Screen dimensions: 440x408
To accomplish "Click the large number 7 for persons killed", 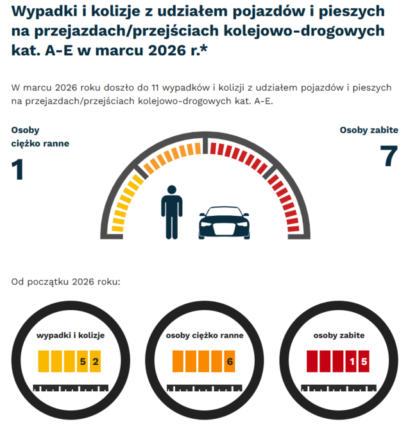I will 389,157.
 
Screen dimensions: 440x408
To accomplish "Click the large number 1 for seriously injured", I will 18,170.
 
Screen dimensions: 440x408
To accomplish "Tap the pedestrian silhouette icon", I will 171,212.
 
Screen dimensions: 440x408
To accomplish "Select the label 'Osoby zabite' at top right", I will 369,130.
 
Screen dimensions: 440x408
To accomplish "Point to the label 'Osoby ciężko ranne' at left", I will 40,137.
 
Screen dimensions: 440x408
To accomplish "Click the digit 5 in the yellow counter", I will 83,362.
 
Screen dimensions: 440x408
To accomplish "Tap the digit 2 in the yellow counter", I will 96,362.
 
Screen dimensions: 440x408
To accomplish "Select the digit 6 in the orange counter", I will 230,362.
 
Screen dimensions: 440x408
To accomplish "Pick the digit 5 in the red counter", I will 364,362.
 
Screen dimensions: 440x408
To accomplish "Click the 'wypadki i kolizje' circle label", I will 71,335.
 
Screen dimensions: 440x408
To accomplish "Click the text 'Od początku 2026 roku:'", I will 65,281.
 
